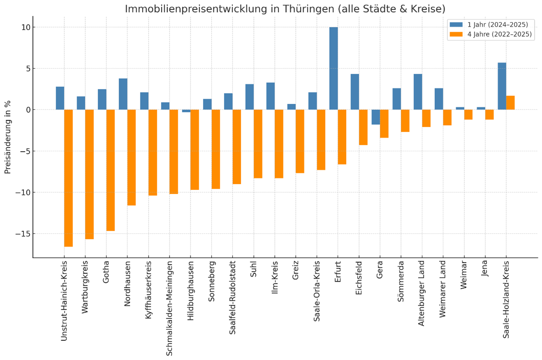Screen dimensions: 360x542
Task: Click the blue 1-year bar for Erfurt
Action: [333, 68]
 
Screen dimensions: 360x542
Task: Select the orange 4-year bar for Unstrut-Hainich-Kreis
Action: [68, 178]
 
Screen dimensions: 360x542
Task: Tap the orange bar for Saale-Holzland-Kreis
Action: [510, 103]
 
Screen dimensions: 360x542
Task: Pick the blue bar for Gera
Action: [376, 117]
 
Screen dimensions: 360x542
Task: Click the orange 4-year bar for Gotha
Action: [110, 170]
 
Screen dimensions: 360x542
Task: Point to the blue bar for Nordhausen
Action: [123, 94]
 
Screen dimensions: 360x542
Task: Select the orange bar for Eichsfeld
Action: [363, 127]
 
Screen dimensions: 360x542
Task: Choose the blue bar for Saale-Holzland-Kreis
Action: [502, 86]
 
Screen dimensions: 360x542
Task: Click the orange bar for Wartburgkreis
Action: [89, 174]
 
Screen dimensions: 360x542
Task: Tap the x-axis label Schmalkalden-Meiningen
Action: [169, 302]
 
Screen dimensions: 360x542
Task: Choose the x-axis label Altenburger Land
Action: [421, 292]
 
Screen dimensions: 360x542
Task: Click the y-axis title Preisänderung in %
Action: [8, 136]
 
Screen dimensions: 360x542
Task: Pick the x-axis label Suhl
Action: [254, 269]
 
